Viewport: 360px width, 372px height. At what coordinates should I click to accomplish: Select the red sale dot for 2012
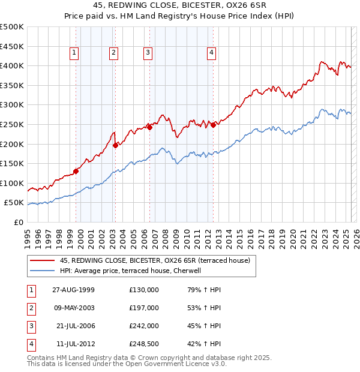pyautogui.click(x=213, y=125)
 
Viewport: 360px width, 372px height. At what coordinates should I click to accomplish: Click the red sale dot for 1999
pyautogui.click(x=76, y=171)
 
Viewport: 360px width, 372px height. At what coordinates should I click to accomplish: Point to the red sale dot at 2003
pyautogui.click(x=115, y=145)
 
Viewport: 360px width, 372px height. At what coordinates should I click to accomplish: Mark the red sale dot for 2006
pyautogui.click(x=149, y=127)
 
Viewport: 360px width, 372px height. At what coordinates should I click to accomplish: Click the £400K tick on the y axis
pyautogui.click(x=12, y=65)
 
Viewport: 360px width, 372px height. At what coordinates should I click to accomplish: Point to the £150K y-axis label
pyautogui.click(x=12, y=163)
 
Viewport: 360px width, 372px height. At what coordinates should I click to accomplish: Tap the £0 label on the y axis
pyautogui.click(x=17, y=222)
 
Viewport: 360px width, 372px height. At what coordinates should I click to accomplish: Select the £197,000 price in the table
pyautogui.click(x=144, y=308)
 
